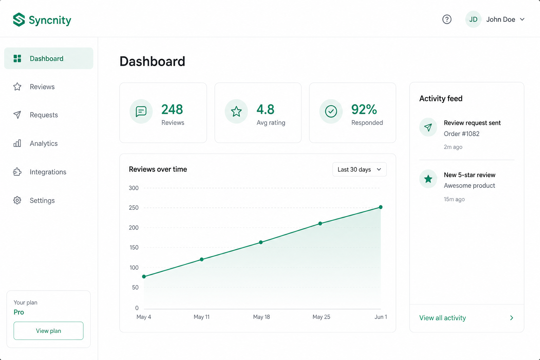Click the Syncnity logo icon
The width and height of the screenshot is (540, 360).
point(19,20)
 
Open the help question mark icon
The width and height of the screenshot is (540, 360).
point(447,19)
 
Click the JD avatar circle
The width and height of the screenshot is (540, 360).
point(473,19)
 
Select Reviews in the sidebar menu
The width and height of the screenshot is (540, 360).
point(42,86)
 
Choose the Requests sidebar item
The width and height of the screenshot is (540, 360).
point(44,115)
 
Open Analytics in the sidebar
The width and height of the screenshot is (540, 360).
point(44,143)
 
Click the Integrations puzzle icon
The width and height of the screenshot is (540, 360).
point(17,172)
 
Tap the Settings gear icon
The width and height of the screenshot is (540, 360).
point(17,200)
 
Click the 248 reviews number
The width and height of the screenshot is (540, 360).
point(172,109)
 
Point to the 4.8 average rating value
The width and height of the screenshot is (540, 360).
point(265,109)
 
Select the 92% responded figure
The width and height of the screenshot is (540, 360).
point(364,109)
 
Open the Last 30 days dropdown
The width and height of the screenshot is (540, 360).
point(359,169)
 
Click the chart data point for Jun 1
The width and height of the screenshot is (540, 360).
point(381,207)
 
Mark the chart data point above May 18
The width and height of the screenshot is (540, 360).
point(261,242)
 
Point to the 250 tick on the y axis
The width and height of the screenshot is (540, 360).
point(134,208)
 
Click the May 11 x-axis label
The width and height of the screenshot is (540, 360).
point(201,317)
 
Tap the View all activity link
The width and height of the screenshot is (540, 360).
point(442,318)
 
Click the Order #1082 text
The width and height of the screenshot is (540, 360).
point(461,134)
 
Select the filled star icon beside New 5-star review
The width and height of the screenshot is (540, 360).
point(428,179)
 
